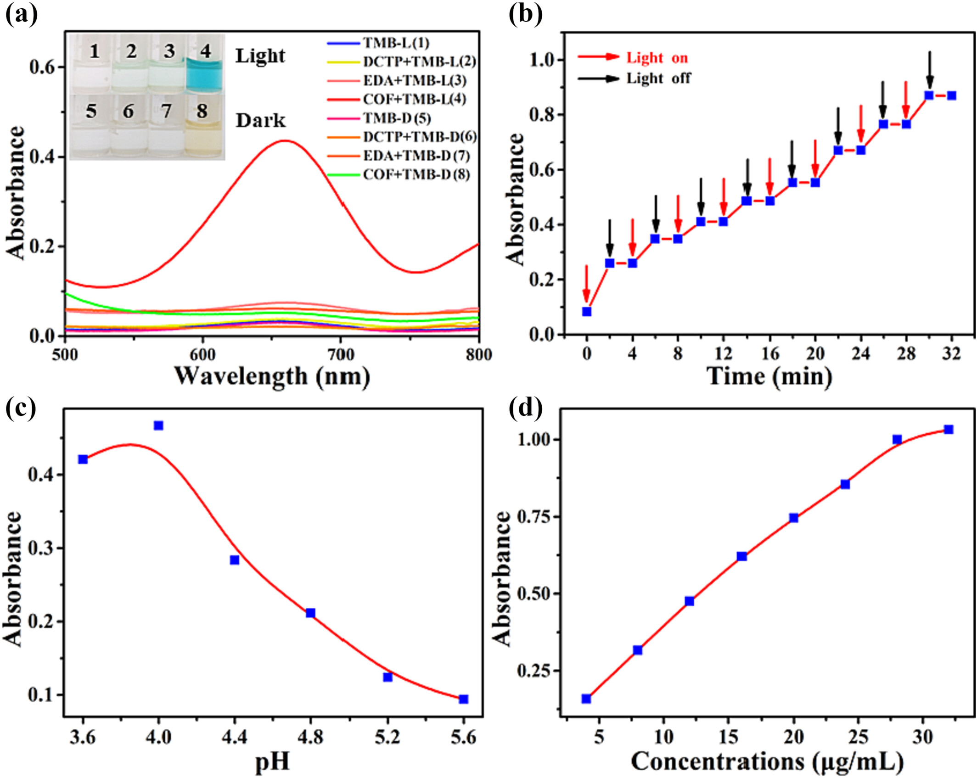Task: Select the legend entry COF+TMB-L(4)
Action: coord(414,99)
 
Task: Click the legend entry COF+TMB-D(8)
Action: coord(416,174)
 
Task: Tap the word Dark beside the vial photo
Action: coord(260,121)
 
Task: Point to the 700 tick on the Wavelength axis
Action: coord(340,354)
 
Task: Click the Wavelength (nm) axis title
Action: coord(272,376)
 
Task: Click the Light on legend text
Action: coord(657,58)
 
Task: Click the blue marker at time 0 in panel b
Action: coord(587,312)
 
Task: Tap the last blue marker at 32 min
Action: coord(952,95)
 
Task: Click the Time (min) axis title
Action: coord(769,376)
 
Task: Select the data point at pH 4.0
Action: coord(158,425)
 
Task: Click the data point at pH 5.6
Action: coord(464,699)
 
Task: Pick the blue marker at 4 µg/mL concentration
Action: coord(586,699)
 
